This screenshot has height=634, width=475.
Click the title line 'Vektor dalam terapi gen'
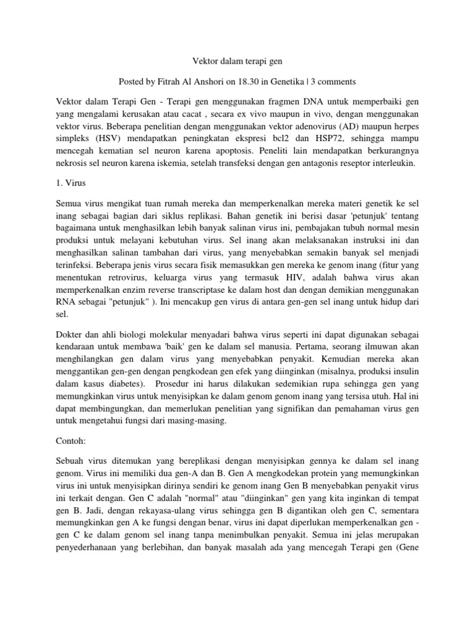237,61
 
